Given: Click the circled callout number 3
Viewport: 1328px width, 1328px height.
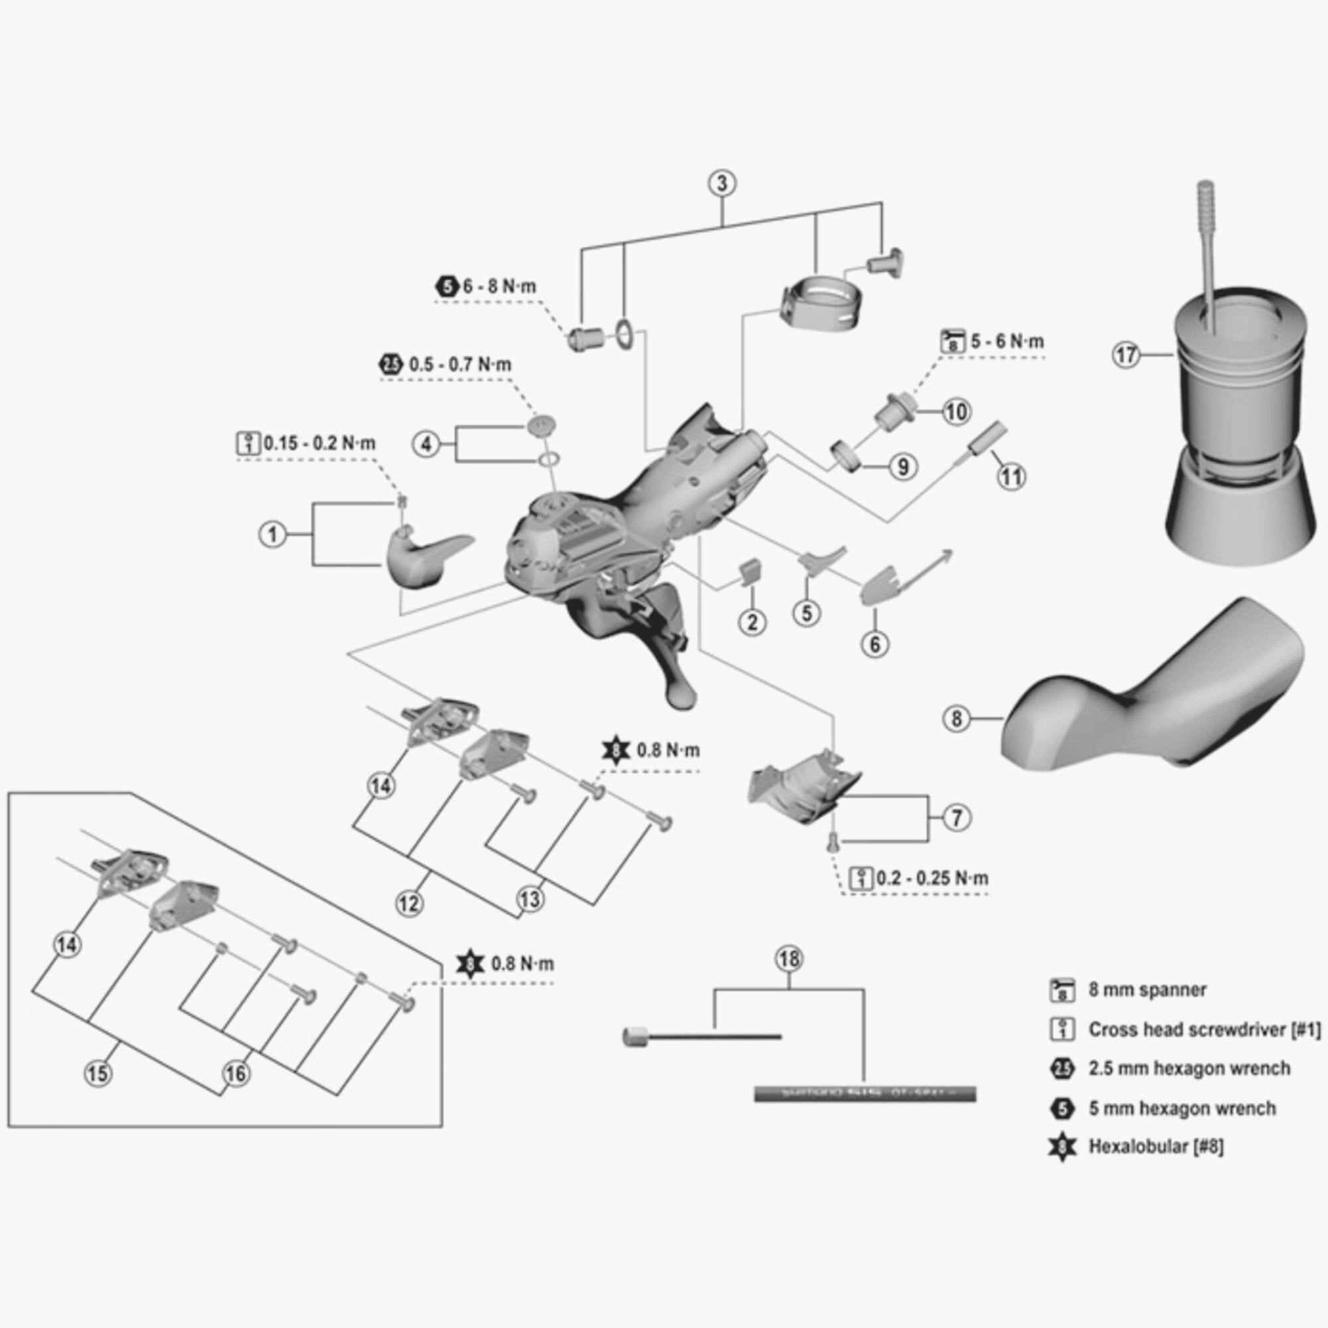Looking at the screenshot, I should coord(722,183).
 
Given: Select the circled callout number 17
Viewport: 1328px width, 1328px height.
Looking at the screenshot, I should coord(1126,355).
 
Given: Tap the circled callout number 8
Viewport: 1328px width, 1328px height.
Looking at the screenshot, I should coord(956,719).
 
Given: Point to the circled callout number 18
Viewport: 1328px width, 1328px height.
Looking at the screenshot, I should coord(788,959).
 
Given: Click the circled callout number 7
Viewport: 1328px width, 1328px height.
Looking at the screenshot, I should coord(956,818).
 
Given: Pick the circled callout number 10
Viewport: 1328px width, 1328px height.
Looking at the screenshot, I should coord(956,412).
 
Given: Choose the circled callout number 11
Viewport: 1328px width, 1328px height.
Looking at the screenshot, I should coord(1011,476).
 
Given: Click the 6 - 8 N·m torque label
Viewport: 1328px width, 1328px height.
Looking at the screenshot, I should coord(499,287).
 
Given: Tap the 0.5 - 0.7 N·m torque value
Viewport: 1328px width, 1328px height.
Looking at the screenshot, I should coord(460,365).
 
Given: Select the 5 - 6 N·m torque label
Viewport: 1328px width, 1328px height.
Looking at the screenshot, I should coord(1007,341).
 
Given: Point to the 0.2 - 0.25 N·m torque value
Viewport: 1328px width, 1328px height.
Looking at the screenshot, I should coord(932,878).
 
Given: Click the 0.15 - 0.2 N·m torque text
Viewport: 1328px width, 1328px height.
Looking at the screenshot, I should coord(319,443).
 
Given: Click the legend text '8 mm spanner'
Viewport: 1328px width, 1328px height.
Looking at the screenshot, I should coord(1147,990).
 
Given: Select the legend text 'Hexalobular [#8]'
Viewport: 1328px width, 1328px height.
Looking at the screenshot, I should coord(1156,1147).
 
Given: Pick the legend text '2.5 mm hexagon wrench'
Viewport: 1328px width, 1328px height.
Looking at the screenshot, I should coord(1189,1068).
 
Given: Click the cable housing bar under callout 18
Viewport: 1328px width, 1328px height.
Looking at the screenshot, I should coord(865,1094).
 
